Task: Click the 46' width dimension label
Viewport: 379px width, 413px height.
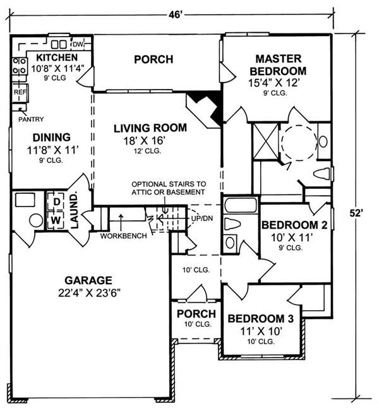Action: tap(176, 15)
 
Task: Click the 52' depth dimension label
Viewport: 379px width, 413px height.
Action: tap(356, 213)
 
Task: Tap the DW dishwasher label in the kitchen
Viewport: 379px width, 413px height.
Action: tap(78, 44)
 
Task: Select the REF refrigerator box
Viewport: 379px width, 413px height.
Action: tap(20, 92)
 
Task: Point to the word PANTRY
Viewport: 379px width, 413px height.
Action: tap(31, 119)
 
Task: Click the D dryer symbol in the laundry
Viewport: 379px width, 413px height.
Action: tap(56, 201)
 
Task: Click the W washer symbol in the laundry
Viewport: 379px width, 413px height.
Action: tap(56, 220)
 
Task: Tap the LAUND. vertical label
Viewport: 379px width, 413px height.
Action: tap(75, 211)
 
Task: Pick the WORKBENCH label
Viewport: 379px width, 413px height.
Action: tap(124, 236)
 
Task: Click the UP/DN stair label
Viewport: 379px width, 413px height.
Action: tap(202, 218)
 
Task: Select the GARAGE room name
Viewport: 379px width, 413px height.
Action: tap(88, 280)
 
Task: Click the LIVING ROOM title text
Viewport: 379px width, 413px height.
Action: tap(150, 128)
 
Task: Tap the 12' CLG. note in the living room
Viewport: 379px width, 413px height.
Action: tap(147, 151)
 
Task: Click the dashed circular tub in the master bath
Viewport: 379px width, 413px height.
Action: tap(299, 143)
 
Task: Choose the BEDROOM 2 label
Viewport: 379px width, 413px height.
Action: tap(294, 225)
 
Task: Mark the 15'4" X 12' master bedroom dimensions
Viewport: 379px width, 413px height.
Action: tap(274, 83)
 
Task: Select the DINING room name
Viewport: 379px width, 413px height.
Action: tap(52, 138)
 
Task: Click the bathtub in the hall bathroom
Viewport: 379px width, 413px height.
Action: tap(240, 205)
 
